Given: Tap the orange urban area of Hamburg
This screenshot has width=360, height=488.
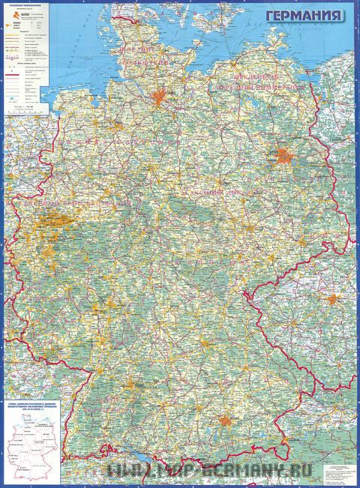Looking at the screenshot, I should (160, 97).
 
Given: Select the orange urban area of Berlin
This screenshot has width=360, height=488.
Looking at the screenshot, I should (283, 157).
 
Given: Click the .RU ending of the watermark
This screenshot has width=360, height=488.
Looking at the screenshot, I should (282, 470).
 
